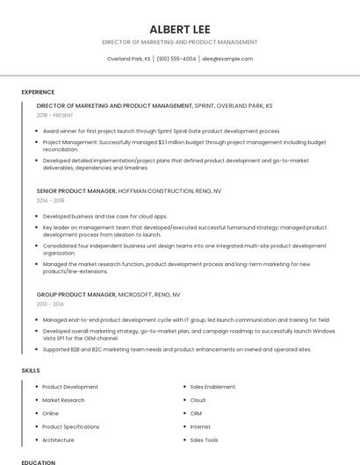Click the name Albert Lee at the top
click(180, 29)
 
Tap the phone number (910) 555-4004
click(176, 59)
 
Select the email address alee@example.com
click(227, 59)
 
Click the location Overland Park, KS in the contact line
click(128, 59)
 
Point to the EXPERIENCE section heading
click(38, 91)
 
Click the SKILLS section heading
click(31, 371)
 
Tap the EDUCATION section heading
click(38, 461)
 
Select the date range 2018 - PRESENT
click(56, 116)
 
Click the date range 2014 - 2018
click(51, 201)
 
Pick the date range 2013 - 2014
click(51, 304)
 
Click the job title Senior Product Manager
click(76, 190)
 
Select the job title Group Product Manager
click(76, 295)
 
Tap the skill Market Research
click(63, 400)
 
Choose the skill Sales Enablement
click(212, 387)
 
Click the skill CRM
click(196, 413)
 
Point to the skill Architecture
click(58, 440)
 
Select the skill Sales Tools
click(204, 440)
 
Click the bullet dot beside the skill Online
click(36, 413)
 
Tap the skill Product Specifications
click(70, 426)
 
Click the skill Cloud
click(198, 400)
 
